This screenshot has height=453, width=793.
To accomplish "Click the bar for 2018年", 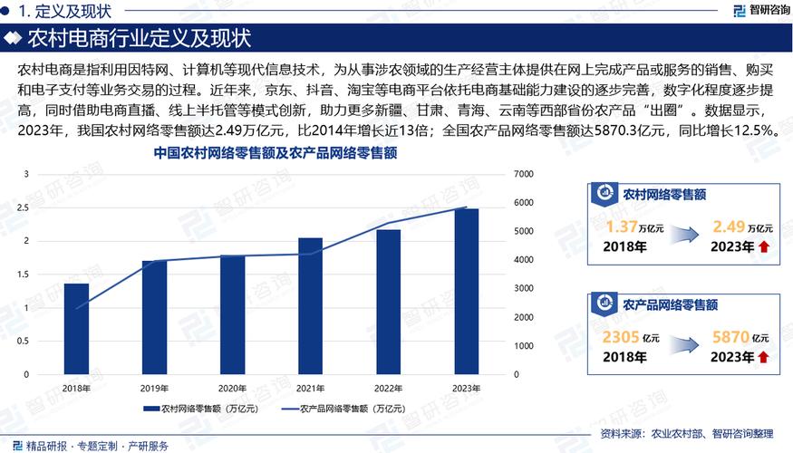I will [x=76, y=329].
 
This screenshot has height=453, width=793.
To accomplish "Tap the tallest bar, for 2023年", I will [x=467, y=292].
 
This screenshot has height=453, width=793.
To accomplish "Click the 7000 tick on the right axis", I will [x=525, y=174].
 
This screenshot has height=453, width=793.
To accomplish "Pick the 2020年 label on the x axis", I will [x=233, y=387].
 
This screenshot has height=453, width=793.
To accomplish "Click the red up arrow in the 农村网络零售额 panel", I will [x=763, y=246].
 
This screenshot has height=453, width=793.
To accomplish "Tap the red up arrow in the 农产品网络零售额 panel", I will [x=763, y=358].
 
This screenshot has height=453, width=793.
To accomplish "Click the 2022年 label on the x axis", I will [x=389, y=387].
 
